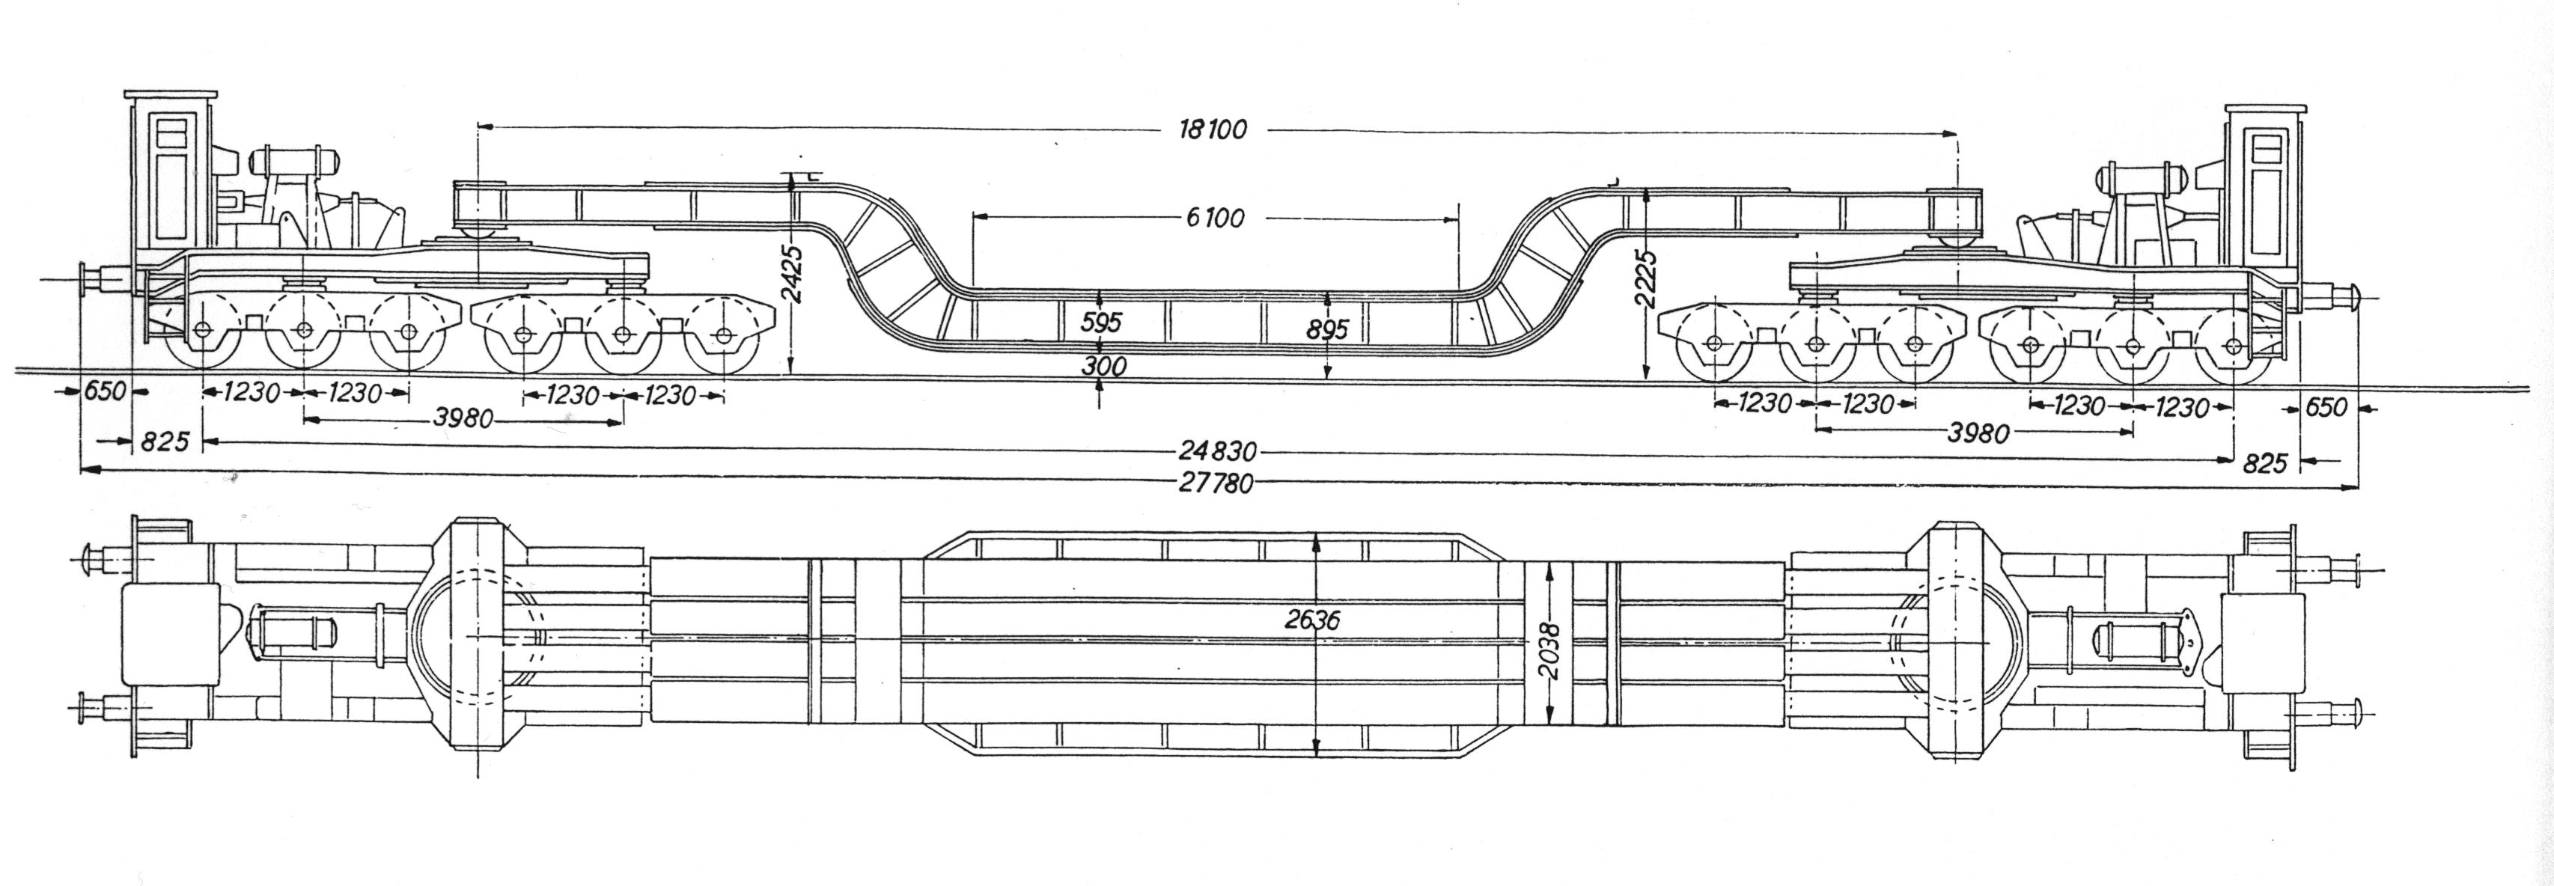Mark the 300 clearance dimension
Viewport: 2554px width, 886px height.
point(1105,366)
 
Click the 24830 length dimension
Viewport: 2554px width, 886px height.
point(1218,452)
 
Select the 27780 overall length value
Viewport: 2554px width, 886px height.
point(1216,483)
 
